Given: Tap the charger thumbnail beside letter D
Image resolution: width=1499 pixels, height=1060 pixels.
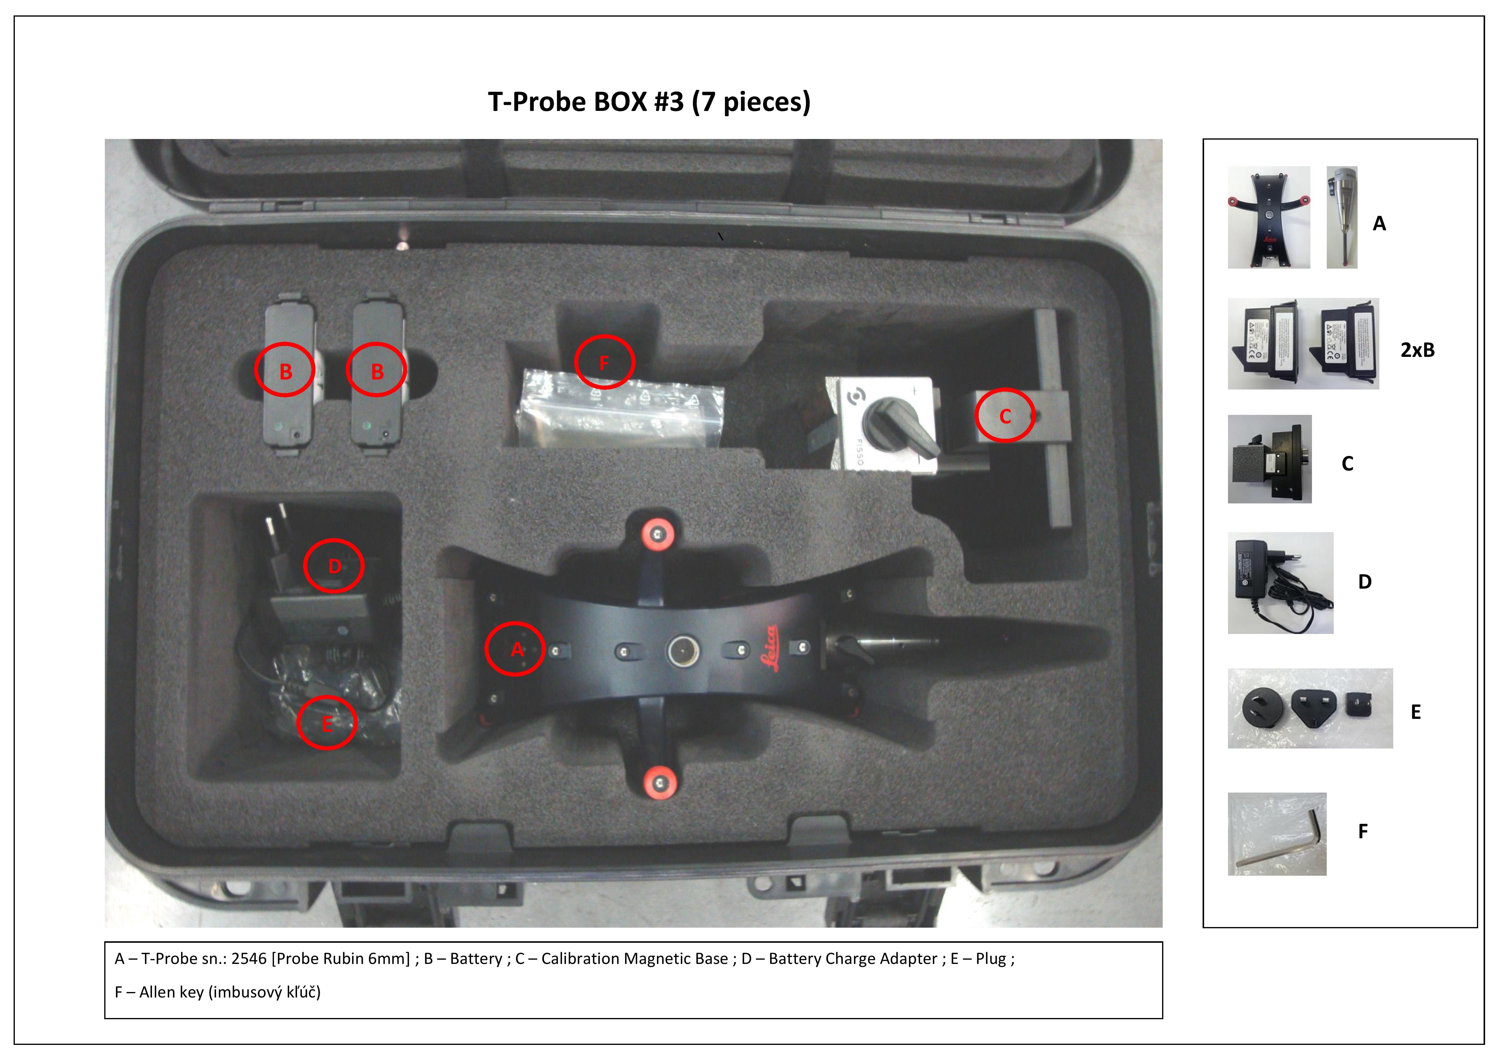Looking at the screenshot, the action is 1280,583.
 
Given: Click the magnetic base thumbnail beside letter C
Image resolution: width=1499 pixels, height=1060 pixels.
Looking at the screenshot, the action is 1269,459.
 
